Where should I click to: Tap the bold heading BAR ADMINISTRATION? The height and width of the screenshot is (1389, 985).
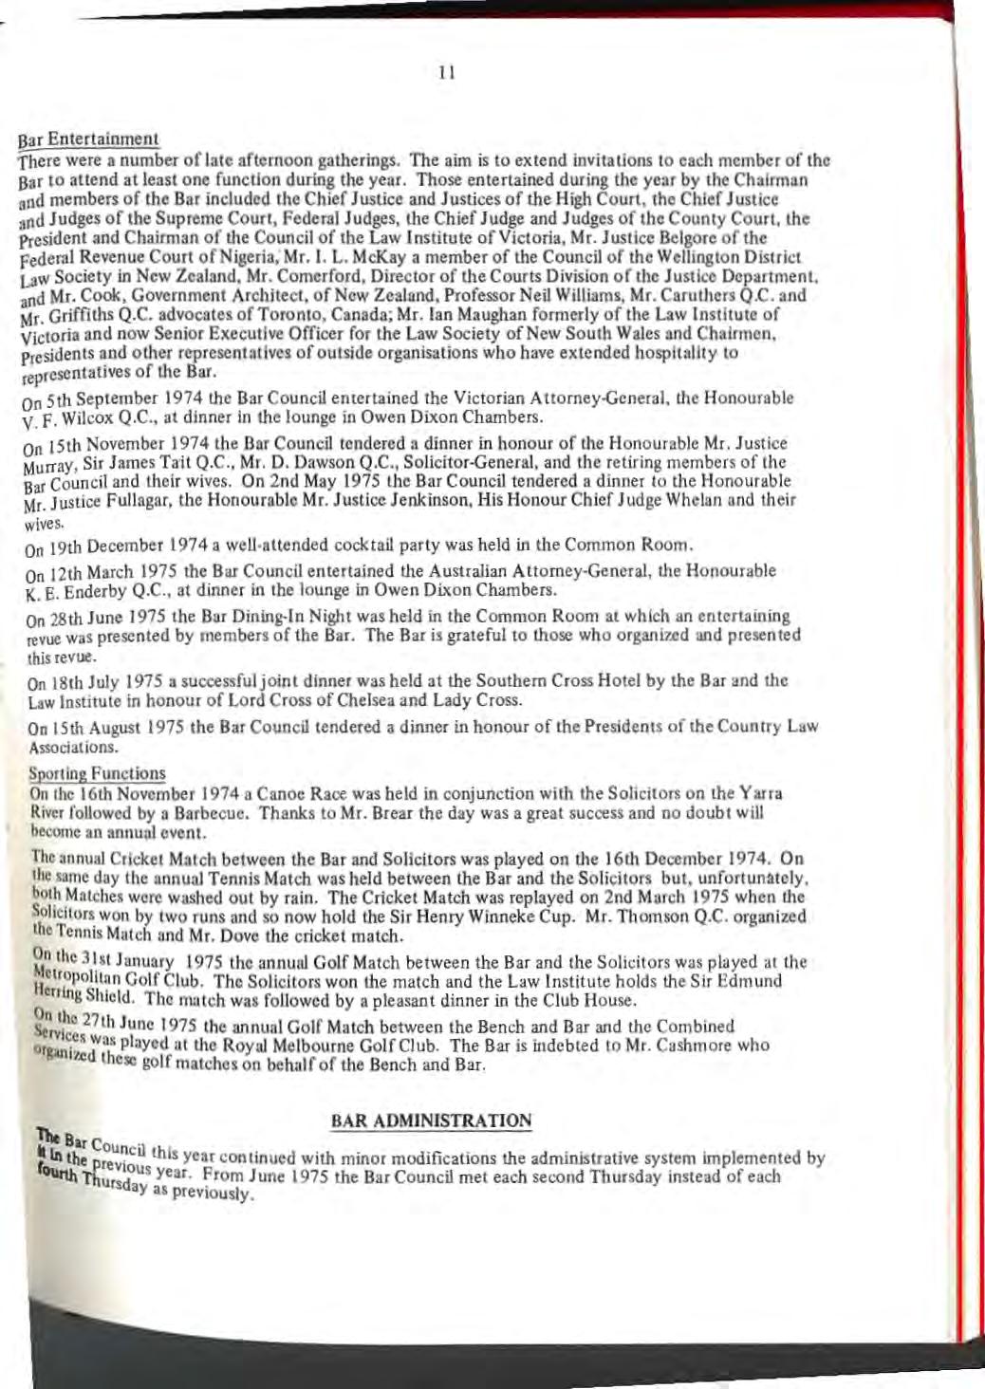(x=431, y=1120)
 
